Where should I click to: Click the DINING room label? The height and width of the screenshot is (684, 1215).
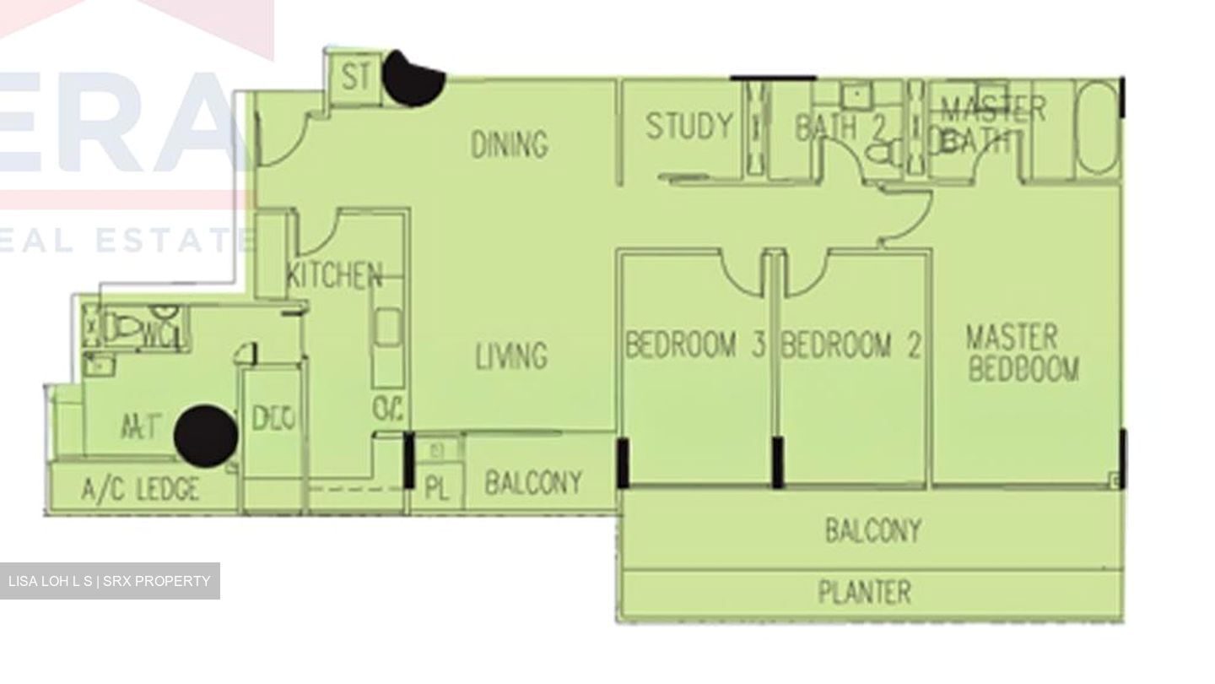point(509,144)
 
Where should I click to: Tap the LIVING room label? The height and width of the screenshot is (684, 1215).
point(510,356)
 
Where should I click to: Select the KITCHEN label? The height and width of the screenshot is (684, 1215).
point(334,275)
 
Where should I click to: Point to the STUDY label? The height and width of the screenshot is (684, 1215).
point(689,127)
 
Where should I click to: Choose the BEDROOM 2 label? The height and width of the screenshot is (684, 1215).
point(850,345)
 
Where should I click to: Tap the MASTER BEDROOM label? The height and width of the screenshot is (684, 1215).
point(1022,353)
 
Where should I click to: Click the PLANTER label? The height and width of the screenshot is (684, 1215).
point(865,592)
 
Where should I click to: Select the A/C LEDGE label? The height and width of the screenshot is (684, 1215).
point(141,490)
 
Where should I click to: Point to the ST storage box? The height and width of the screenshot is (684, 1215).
point(355,78)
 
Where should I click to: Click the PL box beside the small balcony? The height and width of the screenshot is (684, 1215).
point(436,489)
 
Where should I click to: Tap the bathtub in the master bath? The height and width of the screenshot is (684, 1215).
point(1098,128)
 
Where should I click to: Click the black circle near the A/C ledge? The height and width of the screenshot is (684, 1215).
point(205,435)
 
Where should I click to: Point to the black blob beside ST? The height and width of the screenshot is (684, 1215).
point(412,79)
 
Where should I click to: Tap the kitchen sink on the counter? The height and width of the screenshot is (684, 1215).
point(387,327)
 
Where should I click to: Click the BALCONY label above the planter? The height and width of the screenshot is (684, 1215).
point(872,531)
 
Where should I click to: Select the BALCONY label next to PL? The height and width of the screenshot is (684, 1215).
point(533,483)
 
